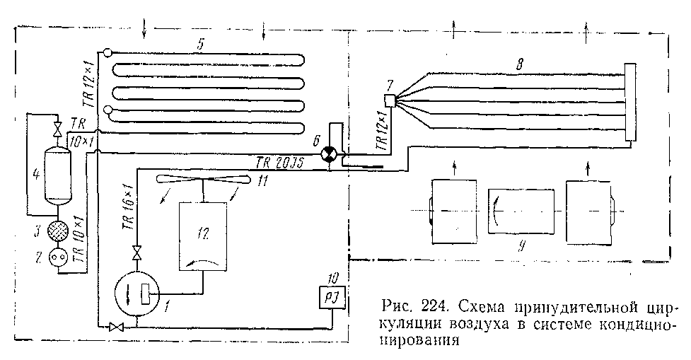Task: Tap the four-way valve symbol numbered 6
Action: [x=329, y=156]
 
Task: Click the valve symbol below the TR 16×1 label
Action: [x=137, y=251]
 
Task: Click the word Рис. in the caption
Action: [x=395, y=308]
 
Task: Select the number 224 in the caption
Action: [x=433, y=308]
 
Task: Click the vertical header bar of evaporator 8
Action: [x=628, y=103]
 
